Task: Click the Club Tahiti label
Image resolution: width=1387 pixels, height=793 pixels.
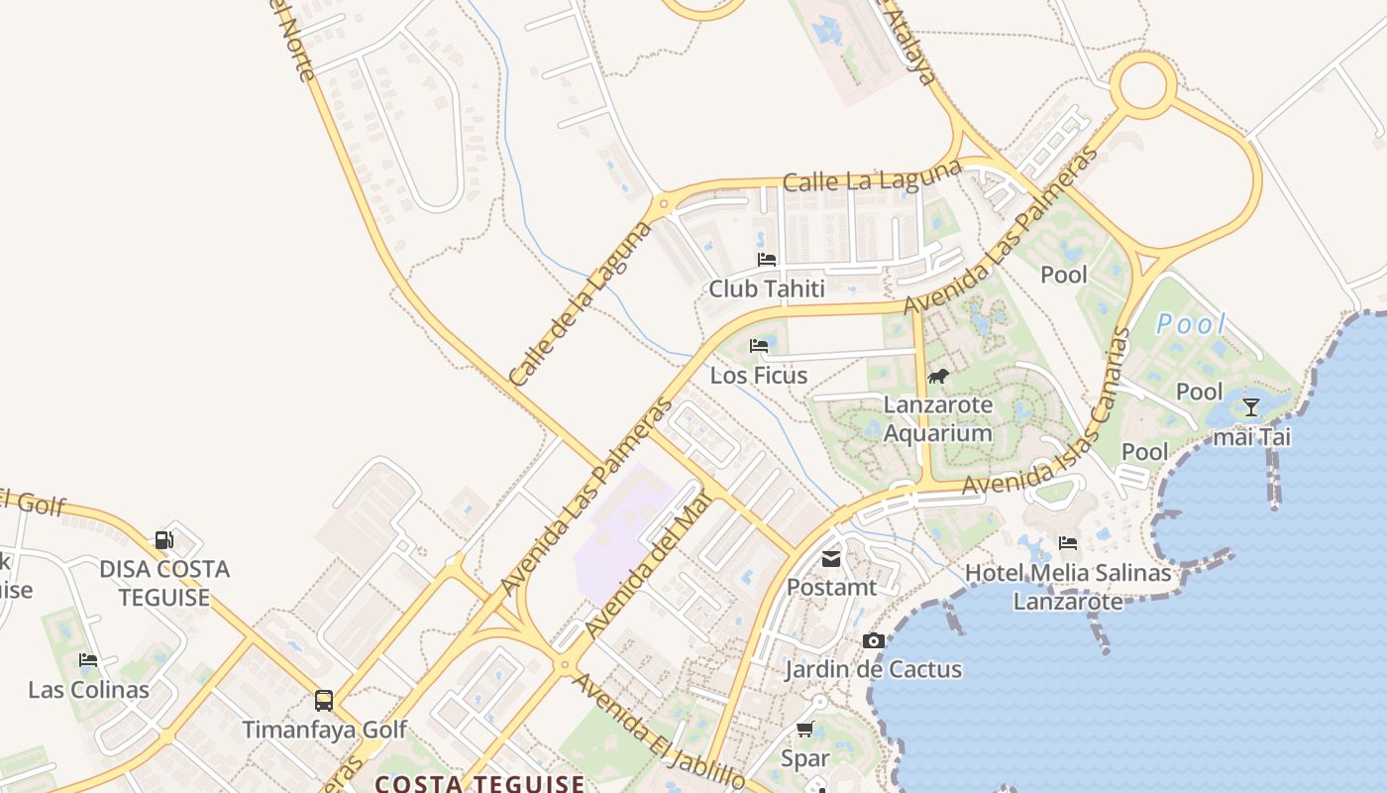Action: coord(767,288)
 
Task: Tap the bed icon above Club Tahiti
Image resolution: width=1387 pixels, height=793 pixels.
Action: coord(767,260)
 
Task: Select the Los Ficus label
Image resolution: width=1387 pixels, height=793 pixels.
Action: coord(759,376)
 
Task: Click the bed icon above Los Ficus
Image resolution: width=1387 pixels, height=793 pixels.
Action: coord(759,346)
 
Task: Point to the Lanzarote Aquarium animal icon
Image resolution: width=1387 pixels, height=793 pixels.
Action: coord(937,376)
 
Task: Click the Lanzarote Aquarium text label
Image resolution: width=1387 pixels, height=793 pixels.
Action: coord(937,419)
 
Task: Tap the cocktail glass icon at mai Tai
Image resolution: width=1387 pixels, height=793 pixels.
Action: coord(1251,406)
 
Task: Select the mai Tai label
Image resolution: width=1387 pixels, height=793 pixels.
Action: coord(1252,436)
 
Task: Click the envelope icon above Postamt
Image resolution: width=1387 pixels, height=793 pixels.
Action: coord(831,559)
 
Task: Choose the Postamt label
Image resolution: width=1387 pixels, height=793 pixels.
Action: coord(831,587)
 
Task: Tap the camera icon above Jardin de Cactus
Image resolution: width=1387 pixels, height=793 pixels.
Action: coord(873,640)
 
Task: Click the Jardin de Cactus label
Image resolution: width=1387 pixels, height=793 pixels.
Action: coord(873,669)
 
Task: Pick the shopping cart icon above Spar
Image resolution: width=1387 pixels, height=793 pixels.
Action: coord(804,730)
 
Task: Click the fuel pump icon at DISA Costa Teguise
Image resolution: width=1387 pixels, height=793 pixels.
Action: coord(164,540)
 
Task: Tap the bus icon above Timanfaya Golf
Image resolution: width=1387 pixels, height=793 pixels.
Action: coord(324,700)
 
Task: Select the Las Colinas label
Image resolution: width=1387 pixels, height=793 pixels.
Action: coord(88,690)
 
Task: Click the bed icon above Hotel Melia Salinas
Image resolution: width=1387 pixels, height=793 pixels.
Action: coord(1068,543)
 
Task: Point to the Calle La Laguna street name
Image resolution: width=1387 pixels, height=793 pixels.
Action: coord(871,175)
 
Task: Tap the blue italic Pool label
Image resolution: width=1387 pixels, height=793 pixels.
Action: coord(1192,324)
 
